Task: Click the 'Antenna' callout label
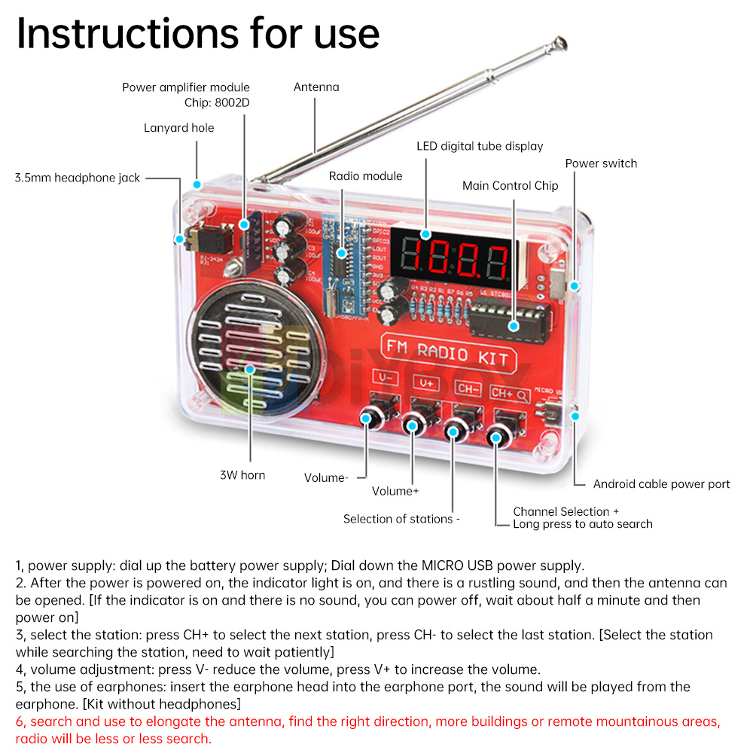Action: click(316, 87)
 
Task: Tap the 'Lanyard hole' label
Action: click(179, 128)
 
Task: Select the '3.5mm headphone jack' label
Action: click(78, 178)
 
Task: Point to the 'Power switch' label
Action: click(601, 163)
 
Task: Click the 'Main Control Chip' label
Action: click(511, 185)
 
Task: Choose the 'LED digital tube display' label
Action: click(480, 146)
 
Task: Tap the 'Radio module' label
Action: click(365, 176)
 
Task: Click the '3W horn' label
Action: click(242, 475)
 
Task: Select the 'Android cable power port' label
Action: click(661, 484)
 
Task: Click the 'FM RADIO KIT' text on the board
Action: click(447, 352)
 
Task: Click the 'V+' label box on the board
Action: click(425, 383)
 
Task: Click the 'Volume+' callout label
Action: click(395, 491)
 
